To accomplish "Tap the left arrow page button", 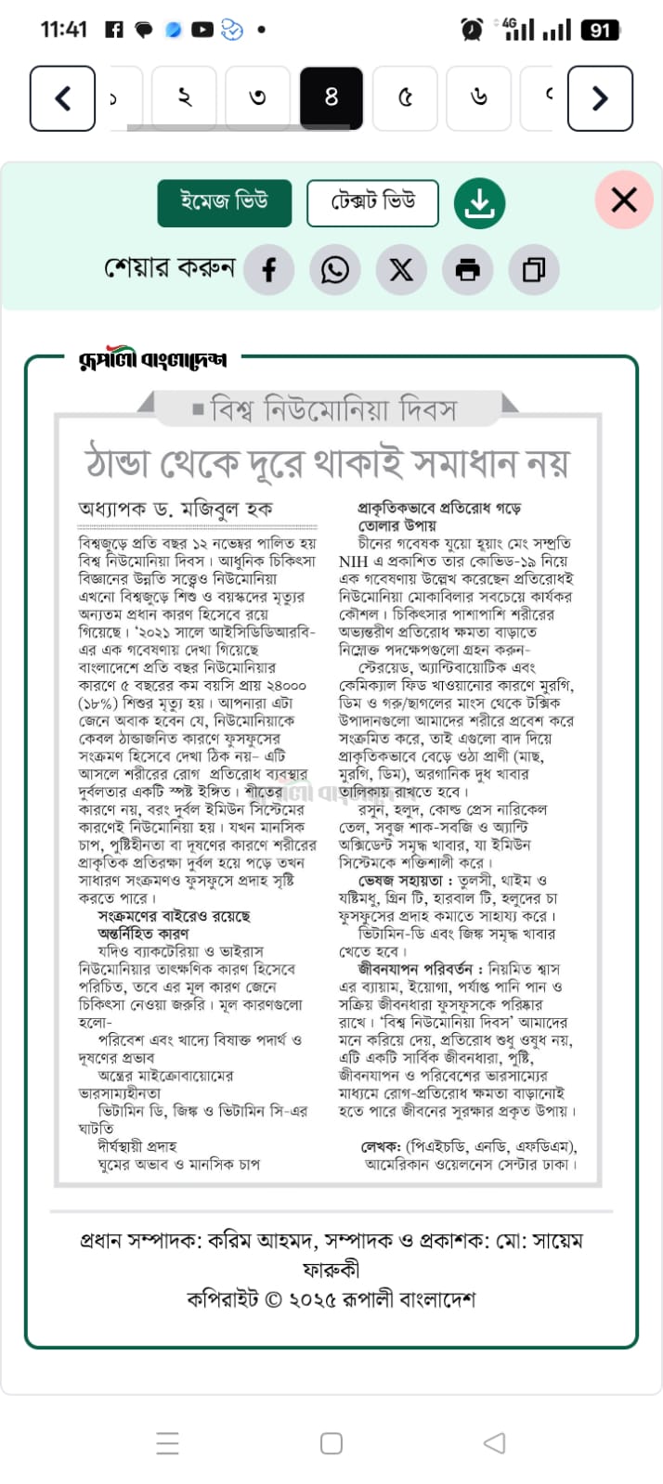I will (x=62, y=98).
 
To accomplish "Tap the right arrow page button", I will (x=600, y=98).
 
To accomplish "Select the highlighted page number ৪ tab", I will (x=331, y=97).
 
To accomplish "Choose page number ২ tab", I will (x=184, y=97).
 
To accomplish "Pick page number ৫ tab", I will (x=405, y=97).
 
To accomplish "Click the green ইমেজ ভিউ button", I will (x=225, y=202).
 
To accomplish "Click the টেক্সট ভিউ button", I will (x=372, y=202).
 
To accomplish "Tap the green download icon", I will (x=479, y=202).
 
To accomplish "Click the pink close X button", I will (x=624, y=200).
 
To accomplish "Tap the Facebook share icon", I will (x=269, y=270).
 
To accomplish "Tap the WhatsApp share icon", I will (x=335, y=270).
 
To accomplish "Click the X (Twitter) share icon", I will (x=401, y=270).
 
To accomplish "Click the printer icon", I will (x=468, y=270).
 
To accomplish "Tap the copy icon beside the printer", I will (x=534, y=270).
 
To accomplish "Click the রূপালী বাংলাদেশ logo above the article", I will (x=153, y=359).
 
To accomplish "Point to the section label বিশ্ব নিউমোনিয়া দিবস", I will (x=333, y=409).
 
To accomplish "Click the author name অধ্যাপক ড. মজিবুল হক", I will (x=175, y=509).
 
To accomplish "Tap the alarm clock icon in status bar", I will (x=472, y=30).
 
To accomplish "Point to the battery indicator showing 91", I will (x=600, y=30).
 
